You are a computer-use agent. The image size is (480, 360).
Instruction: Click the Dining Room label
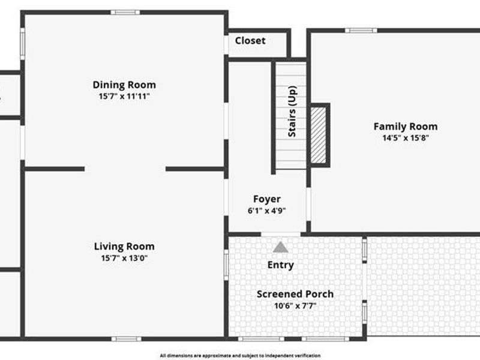click(x=124, y=85)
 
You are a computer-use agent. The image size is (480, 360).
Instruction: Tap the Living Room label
click(x=124, y=247)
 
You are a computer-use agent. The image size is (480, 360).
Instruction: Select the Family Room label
click(x=406, y=127)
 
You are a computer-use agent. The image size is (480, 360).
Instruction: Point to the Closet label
click(x=250, y=40)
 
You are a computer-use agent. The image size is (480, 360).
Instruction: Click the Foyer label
click(x=267, y=199)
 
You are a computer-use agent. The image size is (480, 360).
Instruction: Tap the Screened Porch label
click(x=295, y=294)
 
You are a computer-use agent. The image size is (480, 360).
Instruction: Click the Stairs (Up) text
click(x=292, y=112)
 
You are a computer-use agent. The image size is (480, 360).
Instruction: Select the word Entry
click(x=281, y=265)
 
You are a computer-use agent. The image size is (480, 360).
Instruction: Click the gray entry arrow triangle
click(x=281, y=248)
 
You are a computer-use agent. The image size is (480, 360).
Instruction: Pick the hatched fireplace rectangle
click(x=319, y=135)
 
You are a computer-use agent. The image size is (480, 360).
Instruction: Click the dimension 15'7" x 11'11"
click(x=124, y=97)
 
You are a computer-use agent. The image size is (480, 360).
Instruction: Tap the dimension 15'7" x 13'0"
click(x=124, y=258)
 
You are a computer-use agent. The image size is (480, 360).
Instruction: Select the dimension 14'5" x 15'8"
click(x=406, y=138)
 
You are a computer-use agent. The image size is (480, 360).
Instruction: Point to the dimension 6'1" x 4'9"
click(x=267, y=211)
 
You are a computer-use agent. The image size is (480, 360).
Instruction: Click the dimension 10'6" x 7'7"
click(x=295, y=305)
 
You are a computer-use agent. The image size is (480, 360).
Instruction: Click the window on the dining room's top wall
click(x=125, y=13)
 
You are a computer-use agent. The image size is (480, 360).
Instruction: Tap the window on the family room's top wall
click(x=361, y=31)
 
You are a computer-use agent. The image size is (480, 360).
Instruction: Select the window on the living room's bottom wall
click(x=127, y=339)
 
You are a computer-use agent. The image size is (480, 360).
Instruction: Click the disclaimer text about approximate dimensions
click(x=240, y=355)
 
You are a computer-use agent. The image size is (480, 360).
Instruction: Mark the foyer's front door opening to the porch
click(x=281, y=235)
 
